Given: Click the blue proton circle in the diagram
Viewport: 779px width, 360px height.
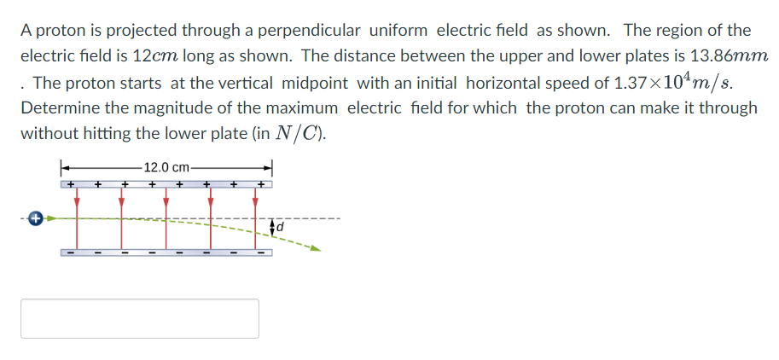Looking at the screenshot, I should coord(35,218).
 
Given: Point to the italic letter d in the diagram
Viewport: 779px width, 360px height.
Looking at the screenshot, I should coord(279,228).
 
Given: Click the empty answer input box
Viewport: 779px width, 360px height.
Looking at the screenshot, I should coord(140,318).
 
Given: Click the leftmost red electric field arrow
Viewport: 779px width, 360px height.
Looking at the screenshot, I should coord(77,205).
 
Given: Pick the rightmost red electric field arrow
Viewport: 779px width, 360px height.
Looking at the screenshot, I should coord(254,205).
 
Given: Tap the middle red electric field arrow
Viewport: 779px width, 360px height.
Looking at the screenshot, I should coord(166,205).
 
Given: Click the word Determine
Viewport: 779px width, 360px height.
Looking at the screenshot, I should coord(58,108).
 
